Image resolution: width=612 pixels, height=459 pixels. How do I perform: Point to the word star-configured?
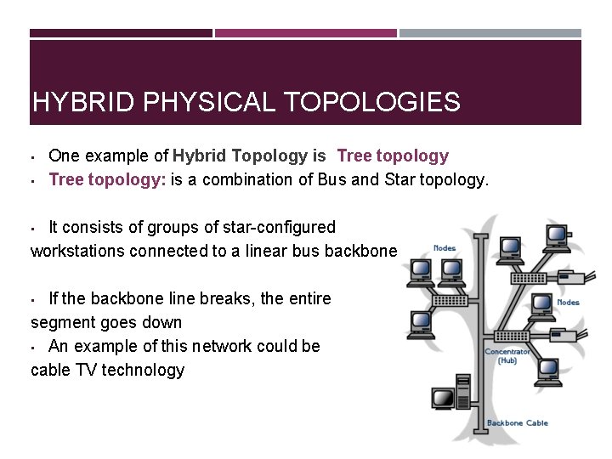coord(279,227)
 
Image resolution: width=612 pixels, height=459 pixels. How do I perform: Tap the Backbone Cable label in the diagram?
coord(517,422)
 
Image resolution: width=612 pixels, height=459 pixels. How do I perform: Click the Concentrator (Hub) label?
coord(507,355)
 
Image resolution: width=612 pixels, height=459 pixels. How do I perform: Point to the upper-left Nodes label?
coord(444,248)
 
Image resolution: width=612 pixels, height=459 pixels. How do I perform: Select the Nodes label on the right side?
coord(568,302)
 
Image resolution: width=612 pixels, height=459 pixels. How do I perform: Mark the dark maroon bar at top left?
coord(121,33)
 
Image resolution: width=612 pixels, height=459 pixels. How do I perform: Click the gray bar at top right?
coord(490,33)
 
